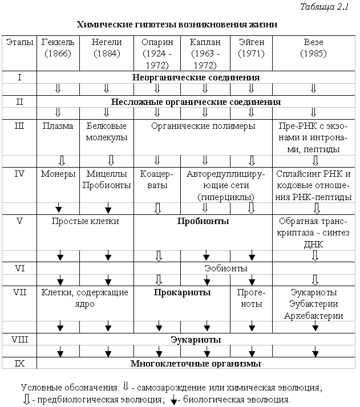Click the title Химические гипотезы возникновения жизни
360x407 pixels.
177,25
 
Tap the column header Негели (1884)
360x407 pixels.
107,48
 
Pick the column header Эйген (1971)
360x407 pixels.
250,48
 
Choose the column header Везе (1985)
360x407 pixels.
313,48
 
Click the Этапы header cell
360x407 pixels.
19,42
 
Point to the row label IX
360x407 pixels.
19,363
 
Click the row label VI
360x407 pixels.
19,267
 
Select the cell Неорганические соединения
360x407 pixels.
196,77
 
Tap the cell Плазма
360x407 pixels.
58,126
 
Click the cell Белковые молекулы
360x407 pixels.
107,132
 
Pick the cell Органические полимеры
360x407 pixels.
204,126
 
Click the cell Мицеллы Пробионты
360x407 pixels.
107,180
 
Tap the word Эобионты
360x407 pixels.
226,267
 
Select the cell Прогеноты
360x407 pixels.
250,298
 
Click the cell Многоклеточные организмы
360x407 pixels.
196,363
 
